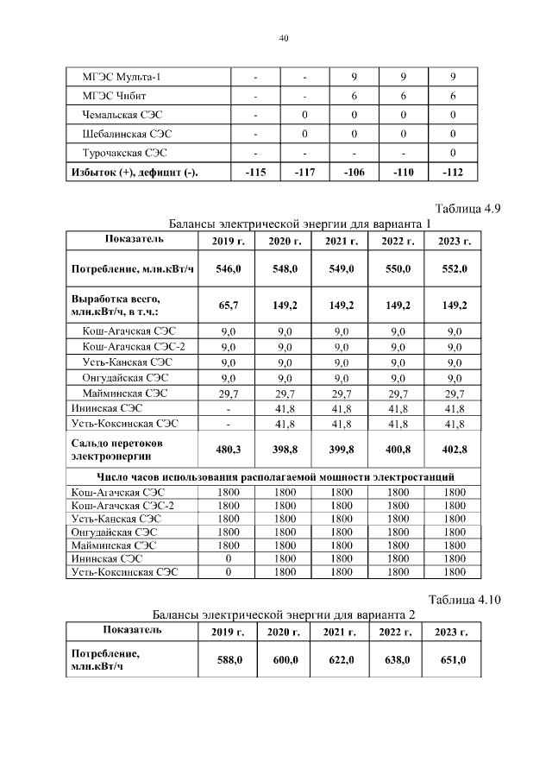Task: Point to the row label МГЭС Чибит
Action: [x=116, y=97]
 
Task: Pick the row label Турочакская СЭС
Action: [x=124, y=153]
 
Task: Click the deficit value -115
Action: [x=255, y=173]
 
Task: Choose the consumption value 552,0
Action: [x=454, y=269]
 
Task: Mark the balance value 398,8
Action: [x=285, y=450]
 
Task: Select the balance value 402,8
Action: [x=454, y=450]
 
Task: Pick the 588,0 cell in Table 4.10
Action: [x=228, y=660]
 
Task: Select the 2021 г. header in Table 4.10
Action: [x=341, y=633]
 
